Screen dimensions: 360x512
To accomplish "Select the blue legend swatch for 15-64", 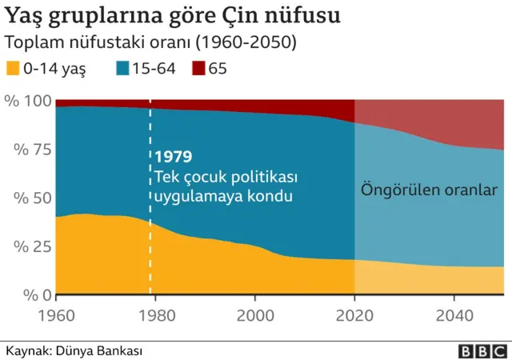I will click(x=123, y=69).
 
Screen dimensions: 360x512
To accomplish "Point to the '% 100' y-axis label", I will click(x=27, y=101).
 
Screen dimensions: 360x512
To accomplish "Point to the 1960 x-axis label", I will click(x=57, y=315).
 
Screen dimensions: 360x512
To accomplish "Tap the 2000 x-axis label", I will click(x=254, y=315).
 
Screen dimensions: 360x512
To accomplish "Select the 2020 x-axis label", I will click(x=354, y=315).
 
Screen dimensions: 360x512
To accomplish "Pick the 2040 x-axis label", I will click(x=453, y=315).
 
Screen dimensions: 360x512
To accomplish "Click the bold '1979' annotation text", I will click(x=174, y=157).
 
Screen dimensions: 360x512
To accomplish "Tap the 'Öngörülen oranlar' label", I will click(x=430, y=191).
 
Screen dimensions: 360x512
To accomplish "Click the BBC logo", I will click(x=482, y=350).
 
